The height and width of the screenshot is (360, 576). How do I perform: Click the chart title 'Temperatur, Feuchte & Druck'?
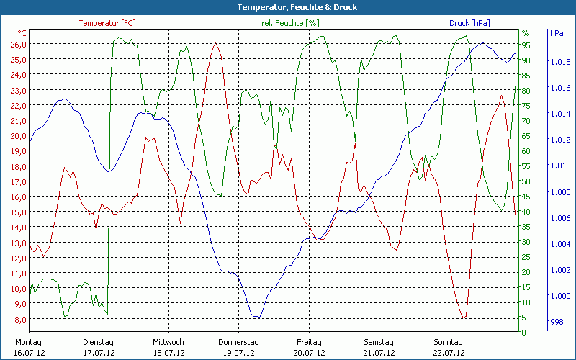point(287,7)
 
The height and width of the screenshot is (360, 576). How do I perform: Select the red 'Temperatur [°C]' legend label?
point(107,23)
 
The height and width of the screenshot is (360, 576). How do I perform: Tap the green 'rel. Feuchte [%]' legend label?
point(289,23)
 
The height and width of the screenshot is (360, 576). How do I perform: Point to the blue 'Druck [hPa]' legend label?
point(469,23)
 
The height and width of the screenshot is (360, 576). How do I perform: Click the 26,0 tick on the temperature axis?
point(17,44)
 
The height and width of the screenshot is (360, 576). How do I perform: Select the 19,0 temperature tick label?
point(17,151)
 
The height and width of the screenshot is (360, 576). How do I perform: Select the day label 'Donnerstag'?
point(238,342)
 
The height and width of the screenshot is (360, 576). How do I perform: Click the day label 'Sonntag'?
point(448,342)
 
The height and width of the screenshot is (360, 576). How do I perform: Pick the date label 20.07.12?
point(308,353)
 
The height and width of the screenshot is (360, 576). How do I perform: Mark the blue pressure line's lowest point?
point(257,317)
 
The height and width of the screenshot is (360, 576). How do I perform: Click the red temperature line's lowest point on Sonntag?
point(464,318)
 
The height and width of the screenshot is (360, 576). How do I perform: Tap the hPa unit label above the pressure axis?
point(557,33)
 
